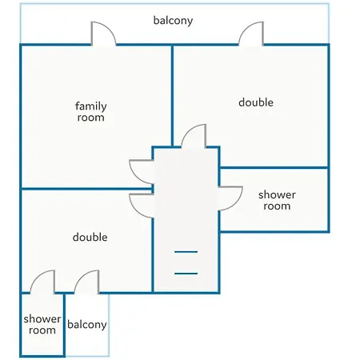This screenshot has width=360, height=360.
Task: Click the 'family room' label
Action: click(x=91, y=112)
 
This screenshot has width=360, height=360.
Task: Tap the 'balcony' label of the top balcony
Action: click(x=173, y=21)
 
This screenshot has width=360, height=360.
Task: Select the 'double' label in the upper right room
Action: click(x=256, y=102)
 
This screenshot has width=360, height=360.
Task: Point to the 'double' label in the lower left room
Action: click(x=90, y=237)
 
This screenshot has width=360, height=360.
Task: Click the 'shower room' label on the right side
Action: click(x=277, y=200)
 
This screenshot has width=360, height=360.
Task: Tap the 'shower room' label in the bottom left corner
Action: click(x=42, y=325)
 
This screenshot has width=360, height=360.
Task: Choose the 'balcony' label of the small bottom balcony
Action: click(x=87, y=325)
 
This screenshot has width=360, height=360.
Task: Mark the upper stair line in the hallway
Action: click(x=186, y=252)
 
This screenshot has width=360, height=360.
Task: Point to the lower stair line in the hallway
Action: click(x=186, y=274)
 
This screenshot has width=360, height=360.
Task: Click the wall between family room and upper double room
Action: click(x=172, y=96)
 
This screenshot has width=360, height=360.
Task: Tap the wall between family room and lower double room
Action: click(x=86, y=189)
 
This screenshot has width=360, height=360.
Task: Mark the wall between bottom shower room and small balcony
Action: click(x=64, y=325)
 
